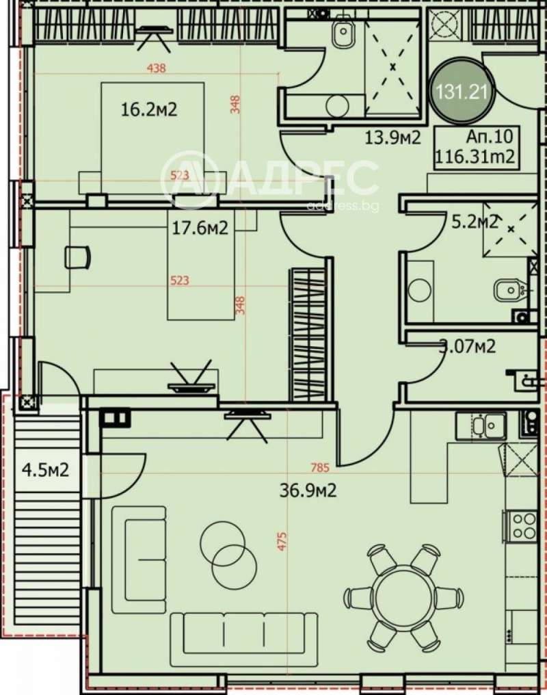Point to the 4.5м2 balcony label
coord(45,471)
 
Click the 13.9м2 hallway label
coord(392,137)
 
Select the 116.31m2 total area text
coord(475,158)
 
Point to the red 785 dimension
coord(320,469)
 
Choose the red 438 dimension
coord(157,68)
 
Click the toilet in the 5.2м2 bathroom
coord(508,291)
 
